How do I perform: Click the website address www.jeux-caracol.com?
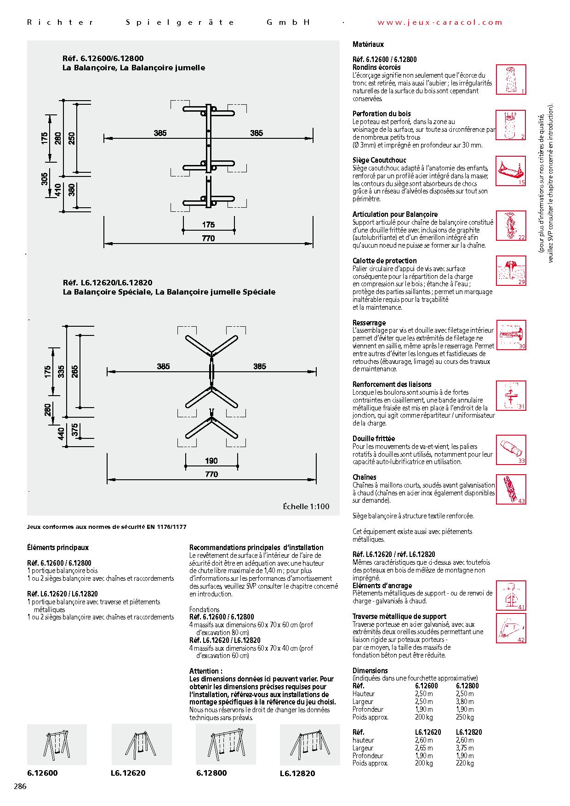(x=440, y=22)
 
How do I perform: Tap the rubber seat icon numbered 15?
(x=511, y=170)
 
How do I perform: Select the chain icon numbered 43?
(x=511, y=489)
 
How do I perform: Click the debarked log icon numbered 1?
(x=511, y=79)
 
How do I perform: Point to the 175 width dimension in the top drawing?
(x=208, y=225)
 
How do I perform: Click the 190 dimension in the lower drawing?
(x=211, y=461)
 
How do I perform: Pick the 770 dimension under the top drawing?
(x=208, y=238)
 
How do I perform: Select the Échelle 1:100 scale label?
(x=306, y=506)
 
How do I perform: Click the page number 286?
(x=20, y=786)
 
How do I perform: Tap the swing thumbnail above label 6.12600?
(x=57, y=744)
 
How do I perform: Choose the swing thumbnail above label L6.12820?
(x=310, y=745)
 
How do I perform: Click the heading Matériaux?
(x=368, y=45)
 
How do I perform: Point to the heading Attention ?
(x=205, y=671)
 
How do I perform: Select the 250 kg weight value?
(x=464, y=717)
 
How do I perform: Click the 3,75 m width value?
(x=465, y=748)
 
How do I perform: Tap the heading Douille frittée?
(x=374, y=438)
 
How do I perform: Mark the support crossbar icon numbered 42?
(x=511, y=627)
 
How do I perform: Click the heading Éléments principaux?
(x=58, y=547)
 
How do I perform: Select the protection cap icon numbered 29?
(x=511, y=271)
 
